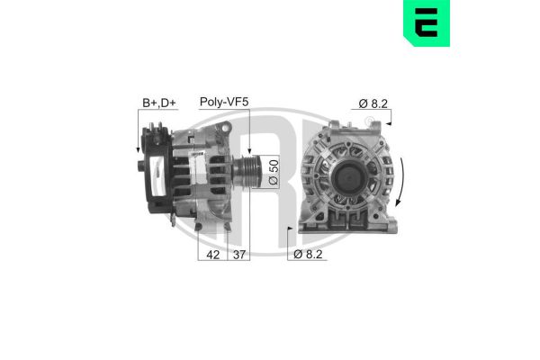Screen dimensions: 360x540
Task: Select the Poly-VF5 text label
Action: click(x=223, y=103)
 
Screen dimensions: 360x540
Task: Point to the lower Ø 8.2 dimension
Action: click(x=309, y=255)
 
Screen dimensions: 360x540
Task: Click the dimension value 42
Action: click(x=212, y=255)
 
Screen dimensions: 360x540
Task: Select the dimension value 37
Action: click(x=240, y=255)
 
